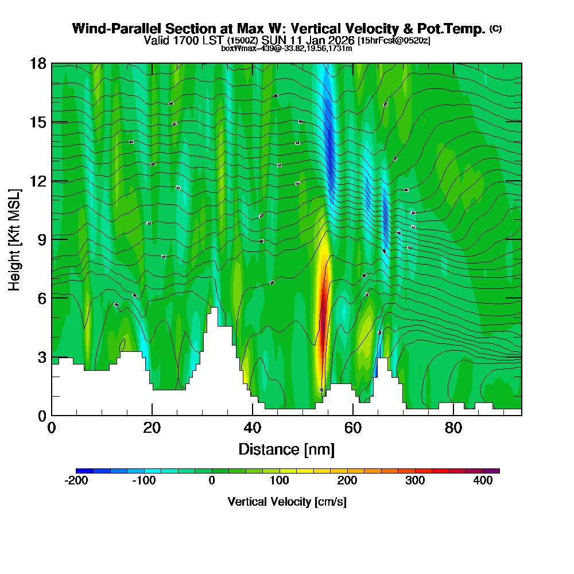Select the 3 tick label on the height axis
[x=42, y=356]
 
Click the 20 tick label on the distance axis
[x=152, y=428]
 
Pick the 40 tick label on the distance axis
[x=253, y=428]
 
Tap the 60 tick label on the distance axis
[x=353, y=428]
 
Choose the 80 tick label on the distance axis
[x=453, y=428]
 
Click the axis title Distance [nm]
[x=286, y=449]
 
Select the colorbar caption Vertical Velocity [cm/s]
[x=287, y=502]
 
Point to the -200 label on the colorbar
[x=76, y=481]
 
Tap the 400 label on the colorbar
[x=483, y=481]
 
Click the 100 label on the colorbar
[x=280, y=481]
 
